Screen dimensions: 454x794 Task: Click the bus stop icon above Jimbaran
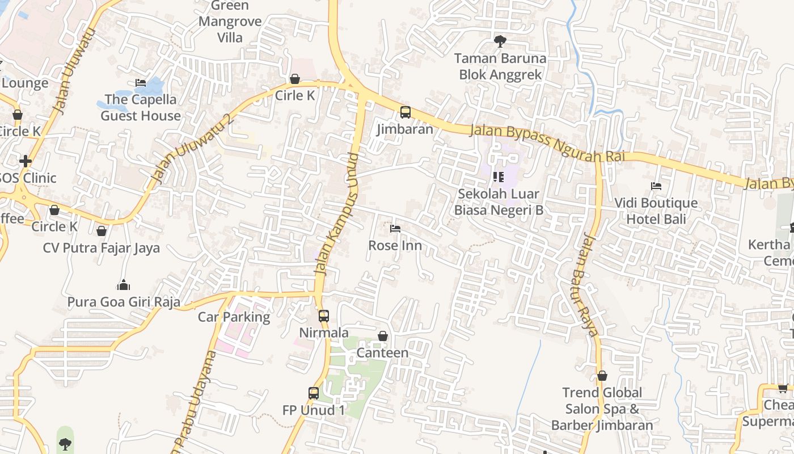click(405, 112)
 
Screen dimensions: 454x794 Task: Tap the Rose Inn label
click(395, 246)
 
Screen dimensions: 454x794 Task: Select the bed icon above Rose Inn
click(395, 229)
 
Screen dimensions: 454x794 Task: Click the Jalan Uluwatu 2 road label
click(193, 149)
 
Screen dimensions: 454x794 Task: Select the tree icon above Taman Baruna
click(500, 41)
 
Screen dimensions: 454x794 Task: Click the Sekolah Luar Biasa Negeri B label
click(499, 202)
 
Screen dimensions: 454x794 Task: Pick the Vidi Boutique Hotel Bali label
click(656, 211)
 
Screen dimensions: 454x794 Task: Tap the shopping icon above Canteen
click(383, 336)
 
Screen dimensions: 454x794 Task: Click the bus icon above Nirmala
click(323, 316)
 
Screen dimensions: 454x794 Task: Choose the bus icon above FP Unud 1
click(313, 393)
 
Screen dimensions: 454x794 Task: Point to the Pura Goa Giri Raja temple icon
click(123, 285)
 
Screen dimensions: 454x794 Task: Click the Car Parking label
click(234, 317)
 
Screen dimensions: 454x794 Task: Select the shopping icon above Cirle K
click(294, 79)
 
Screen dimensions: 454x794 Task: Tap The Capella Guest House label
click(141, 108)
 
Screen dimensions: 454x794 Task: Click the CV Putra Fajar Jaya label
click(102, 248)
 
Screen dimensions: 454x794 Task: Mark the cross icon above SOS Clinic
click(25, 161)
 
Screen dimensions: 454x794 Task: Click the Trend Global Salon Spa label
click(602, 409)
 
